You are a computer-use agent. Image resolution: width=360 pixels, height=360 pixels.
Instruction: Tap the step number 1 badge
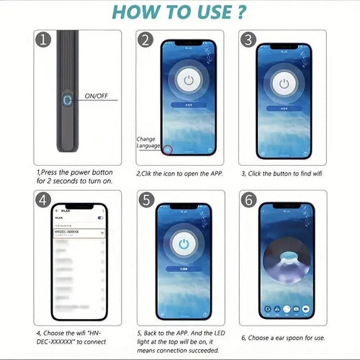click(45, 40)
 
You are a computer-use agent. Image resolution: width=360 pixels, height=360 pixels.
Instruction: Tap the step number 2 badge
click(147, 41)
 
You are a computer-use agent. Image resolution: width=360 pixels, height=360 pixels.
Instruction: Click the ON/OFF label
click(97, 95)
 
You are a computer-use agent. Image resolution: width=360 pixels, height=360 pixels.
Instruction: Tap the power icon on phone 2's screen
click(188, 80)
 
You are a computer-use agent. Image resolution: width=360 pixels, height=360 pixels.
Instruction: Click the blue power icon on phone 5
click(185, 245)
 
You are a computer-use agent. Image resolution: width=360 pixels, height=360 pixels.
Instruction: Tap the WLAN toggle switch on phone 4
click(100, 217)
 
